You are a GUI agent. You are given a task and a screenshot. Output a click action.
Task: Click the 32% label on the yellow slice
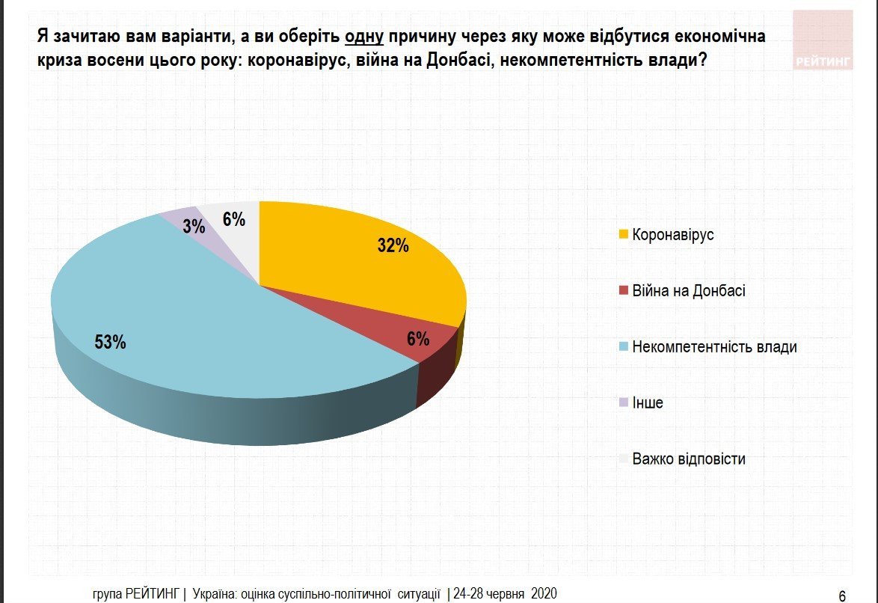pos(393,245)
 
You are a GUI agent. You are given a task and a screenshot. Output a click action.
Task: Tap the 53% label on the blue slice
pos(110,342)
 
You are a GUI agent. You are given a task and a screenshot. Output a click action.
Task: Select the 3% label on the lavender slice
pos(194,226)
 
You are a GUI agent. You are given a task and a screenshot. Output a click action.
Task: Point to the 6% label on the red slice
pos(417,339)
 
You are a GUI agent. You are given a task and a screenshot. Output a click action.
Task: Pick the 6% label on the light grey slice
pos(234,219)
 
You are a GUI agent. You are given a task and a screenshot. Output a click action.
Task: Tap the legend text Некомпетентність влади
pos(714,347)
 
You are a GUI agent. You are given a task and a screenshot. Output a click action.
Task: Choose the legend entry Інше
pos(647,403)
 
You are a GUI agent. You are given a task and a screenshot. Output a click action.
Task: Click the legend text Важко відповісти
pos(688,459)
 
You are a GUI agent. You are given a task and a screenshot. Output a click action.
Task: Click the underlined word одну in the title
pos(363,36)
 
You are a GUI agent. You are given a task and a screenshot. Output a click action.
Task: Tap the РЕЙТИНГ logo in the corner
pos(823,62)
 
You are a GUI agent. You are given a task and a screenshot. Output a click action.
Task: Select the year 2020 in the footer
pos(544,594)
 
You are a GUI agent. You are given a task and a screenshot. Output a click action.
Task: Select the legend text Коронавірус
pos(673,235)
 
